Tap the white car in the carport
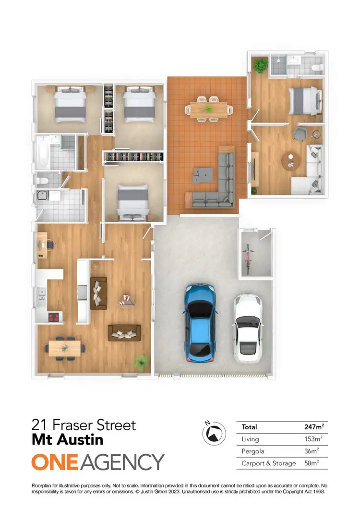click(x=248, y=329)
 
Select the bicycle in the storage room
click(x=248, y=259)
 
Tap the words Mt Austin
click(x=67, y=439)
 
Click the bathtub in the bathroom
click(x=42, y=153)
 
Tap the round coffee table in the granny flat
click(x=290, y=161)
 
